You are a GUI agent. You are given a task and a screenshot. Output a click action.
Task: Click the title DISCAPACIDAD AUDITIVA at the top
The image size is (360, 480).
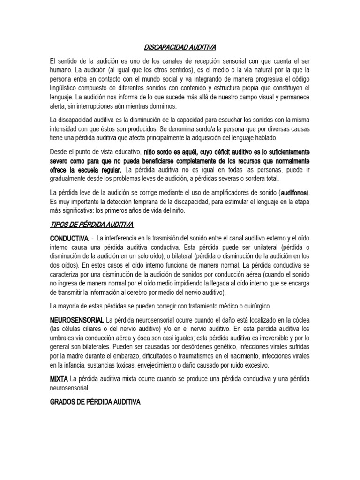(180, 47)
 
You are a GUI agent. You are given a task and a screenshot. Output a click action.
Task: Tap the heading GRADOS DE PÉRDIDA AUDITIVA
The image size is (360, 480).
(95, 402)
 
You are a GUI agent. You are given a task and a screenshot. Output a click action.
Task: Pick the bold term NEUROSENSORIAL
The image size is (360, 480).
(77, 320)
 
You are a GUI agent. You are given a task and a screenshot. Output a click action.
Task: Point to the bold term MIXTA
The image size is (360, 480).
(59, 378)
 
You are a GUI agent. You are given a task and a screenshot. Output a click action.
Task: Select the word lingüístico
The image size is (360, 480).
(64, 88)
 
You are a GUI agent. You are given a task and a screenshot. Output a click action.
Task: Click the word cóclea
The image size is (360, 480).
(300, 320)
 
